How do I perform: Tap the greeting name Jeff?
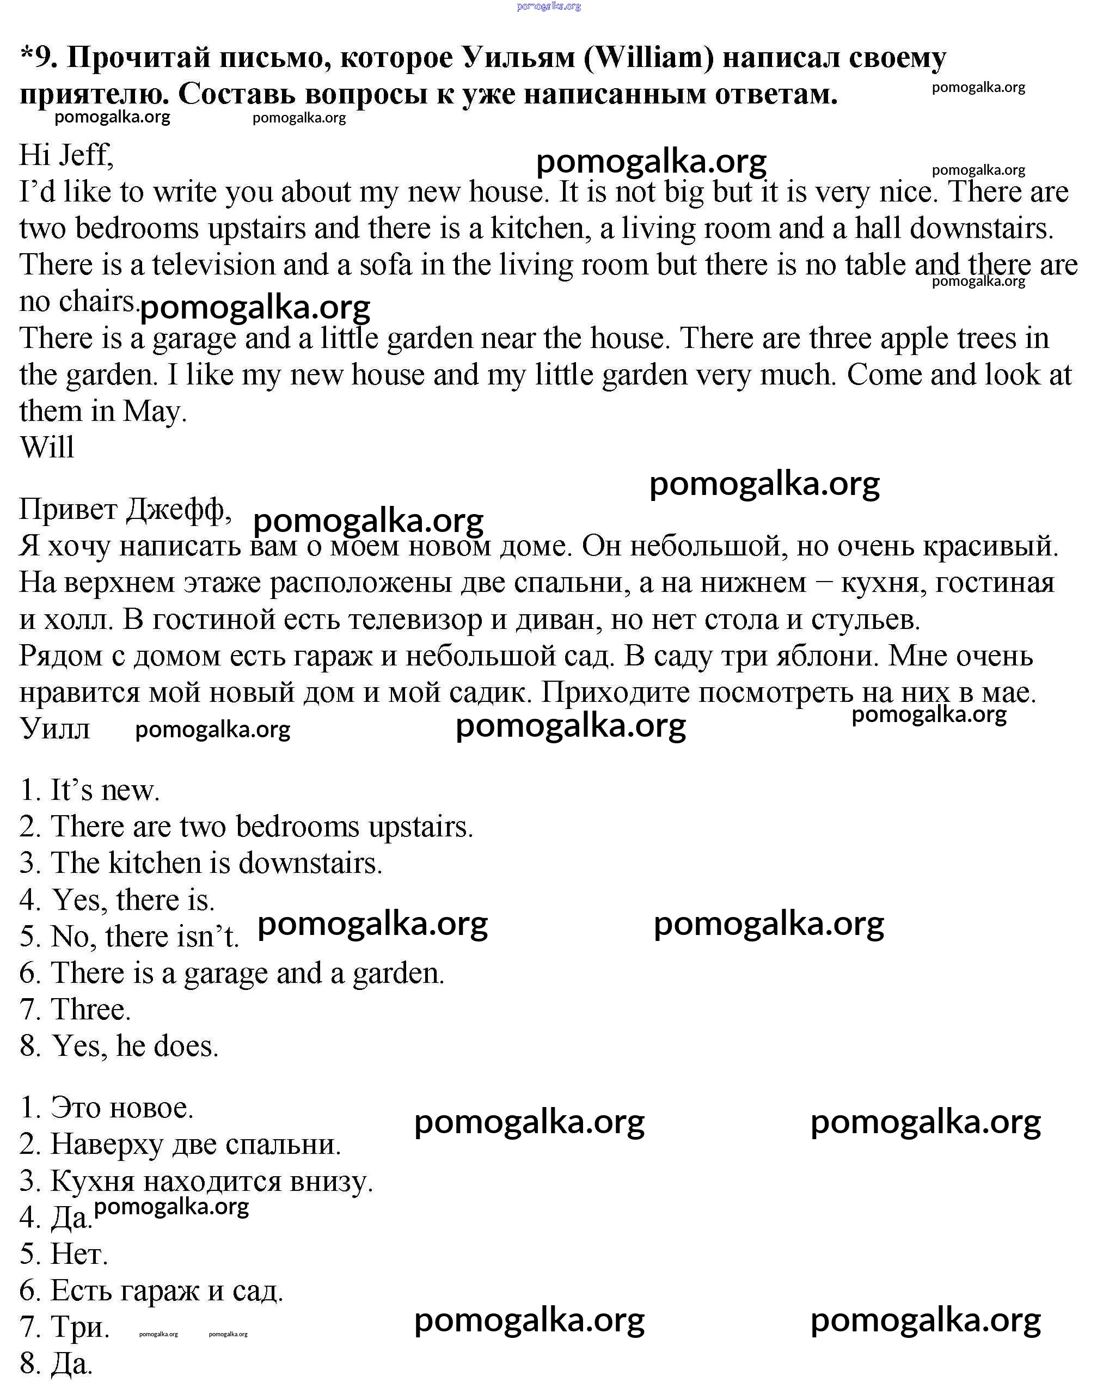86,155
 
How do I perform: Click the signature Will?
47,448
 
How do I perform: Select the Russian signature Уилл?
55,729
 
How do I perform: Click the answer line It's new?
90,791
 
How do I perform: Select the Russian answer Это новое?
107,1108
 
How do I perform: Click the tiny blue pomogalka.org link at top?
549,7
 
